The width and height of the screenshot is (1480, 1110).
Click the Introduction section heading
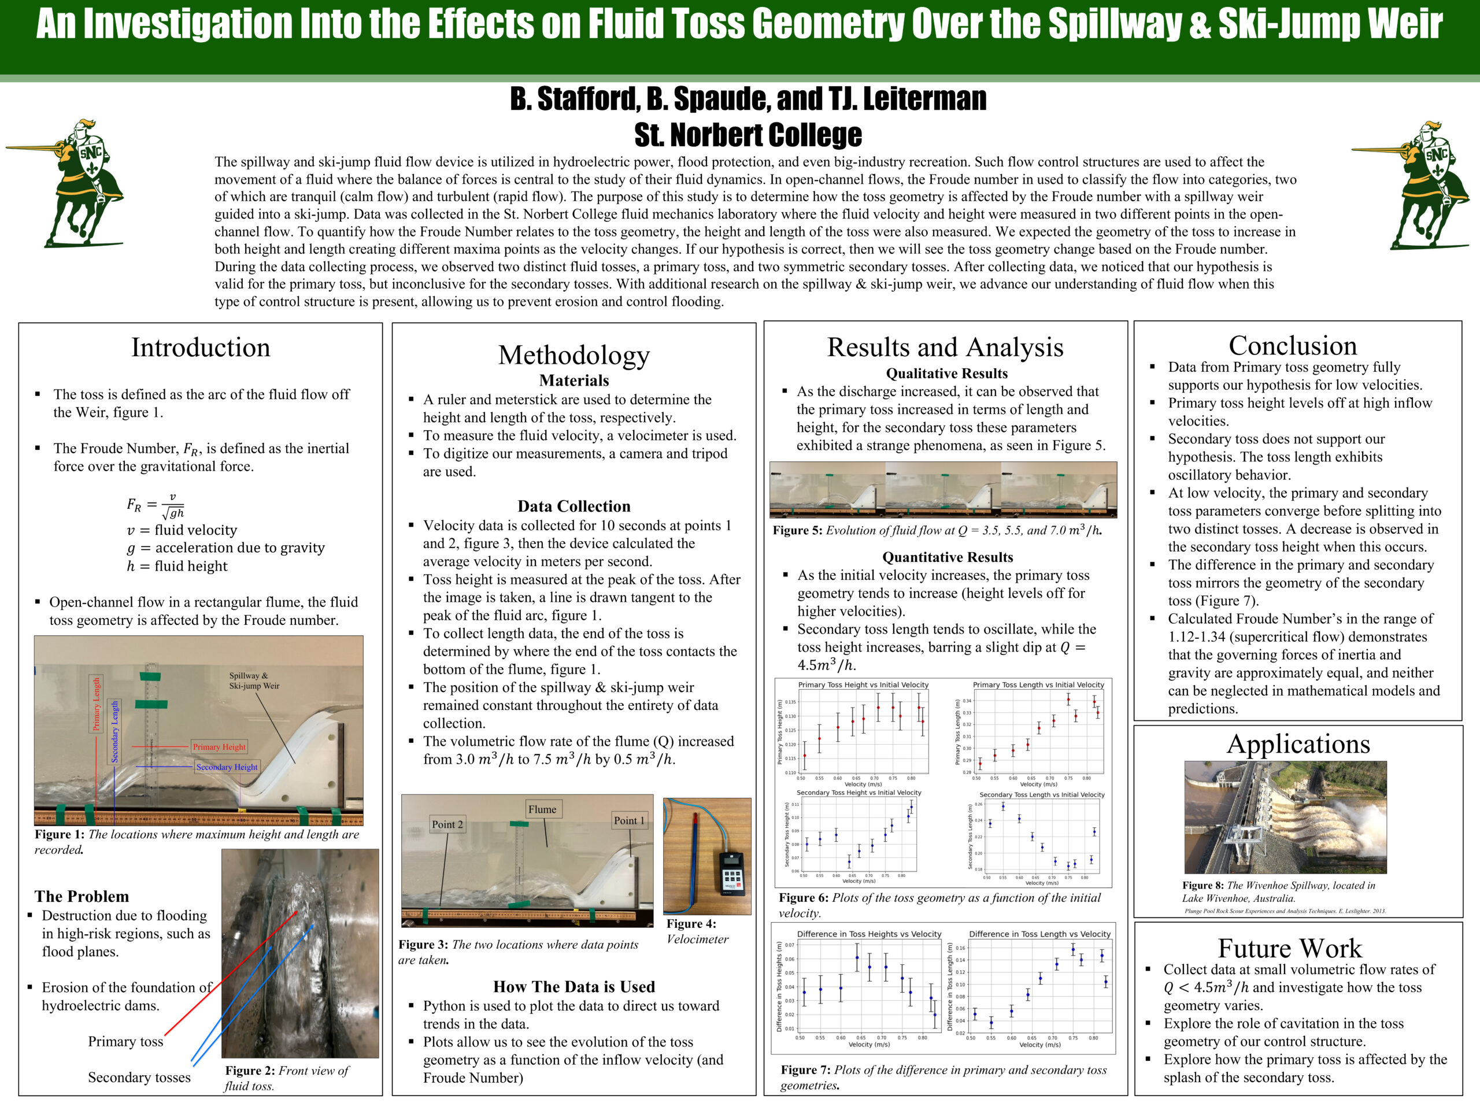(x=201, y=348)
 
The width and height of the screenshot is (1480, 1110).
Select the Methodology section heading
(x=573, y=356)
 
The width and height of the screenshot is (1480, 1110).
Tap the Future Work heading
(x=1289, y=948)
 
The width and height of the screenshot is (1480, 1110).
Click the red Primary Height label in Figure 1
(x=219, y=747)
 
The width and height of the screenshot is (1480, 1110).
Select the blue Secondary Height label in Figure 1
(x=226, y=767)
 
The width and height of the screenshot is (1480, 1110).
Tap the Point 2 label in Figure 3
(x=447, y=824)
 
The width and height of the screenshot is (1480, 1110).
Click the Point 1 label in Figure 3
(x=629, y=820)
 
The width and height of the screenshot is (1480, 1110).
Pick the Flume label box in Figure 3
(x=542, y=809)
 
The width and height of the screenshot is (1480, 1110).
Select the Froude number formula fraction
(x=155, y=506)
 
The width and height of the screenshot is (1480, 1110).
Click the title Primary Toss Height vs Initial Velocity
(x=863, y=684)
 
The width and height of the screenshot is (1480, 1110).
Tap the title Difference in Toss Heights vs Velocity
(x=868, y=934)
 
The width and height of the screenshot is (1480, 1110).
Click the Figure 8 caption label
(x=1203, y=885)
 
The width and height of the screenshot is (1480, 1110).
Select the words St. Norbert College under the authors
(x=748, y=135)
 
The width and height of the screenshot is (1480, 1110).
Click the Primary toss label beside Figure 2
(x=126, y=1041)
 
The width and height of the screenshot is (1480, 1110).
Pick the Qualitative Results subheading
(x=946, y=373)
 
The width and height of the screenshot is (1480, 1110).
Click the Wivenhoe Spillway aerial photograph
(x=1285, y=817)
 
